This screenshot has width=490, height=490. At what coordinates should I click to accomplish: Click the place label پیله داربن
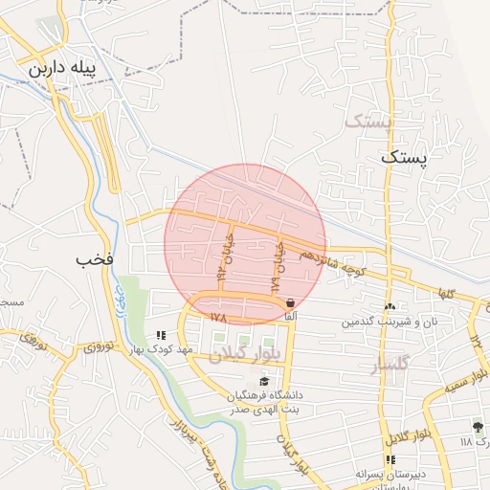pos(65,70)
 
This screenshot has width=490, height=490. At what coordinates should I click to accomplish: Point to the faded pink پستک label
pos(368,122)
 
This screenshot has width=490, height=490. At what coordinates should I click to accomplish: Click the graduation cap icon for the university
pos(264,381)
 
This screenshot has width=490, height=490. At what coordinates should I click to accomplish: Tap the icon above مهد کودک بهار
pos(161,336)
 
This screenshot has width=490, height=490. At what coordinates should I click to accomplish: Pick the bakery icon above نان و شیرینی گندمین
pos(389,307)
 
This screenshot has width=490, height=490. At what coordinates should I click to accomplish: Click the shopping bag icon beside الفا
pos(291,302)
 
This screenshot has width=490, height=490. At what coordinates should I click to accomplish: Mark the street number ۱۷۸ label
pos(216,315)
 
